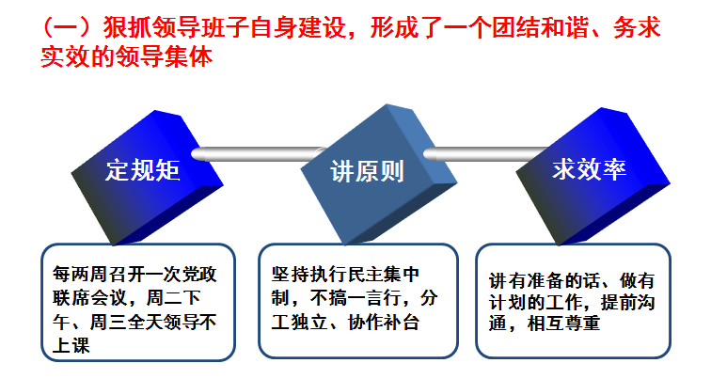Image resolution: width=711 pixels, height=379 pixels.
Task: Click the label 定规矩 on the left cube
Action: coord(143,170)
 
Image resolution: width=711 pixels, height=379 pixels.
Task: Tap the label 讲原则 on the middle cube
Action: coord(367,172)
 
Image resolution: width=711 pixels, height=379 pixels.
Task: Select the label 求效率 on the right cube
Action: coord(589,169)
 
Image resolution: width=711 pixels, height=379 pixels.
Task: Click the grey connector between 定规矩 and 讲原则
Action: coord(259,153)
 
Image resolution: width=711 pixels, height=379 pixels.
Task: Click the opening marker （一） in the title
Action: coord(71,27)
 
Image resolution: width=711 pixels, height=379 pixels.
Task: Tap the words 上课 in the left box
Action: coord(71,346)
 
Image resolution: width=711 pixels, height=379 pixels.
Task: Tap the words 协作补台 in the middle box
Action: coord(383,323)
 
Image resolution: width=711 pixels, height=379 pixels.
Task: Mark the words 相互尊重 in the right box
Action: coord(563,324)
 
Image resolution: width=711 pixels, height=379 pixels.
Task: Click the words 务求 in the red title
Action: coord(637,27)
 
